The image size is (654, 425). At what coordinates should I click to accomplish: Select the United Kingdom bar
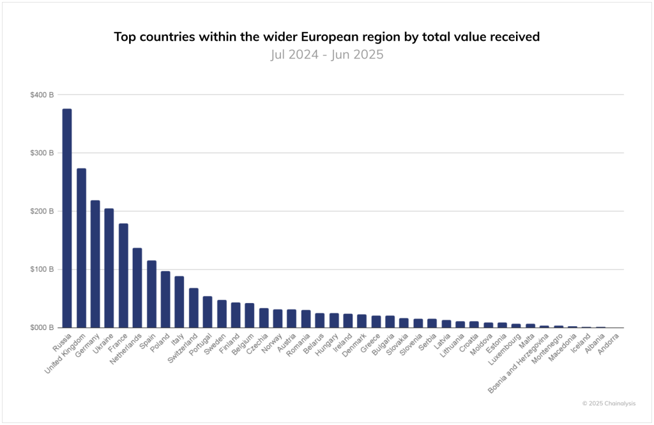tap(81, 248)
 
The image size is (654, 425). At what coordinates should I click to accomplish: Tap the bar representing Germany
tap(95, 264)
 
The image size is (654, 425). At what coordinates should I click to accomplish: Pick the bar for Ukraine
tap(109, 268)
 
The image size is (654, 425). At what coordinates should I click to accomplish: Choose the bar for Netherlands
tap(137, 288)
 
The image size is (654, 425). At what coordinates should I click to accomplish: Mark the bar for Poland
tap(165, 299)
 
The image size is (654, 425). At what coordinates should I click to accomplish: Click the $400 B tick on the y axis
tap(42, 94)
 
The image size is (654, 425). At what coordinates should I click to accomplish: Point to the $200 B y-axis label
tap(42, 211)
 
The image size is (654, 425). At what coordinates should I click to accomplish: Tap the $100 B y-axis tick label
tap(42, 269)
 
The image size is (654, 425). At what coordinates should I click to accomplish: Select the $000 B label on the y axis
tap(42, 327)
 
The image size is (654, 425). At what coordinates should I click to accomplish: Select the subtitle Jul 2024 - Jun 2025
tap(326, 54)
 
